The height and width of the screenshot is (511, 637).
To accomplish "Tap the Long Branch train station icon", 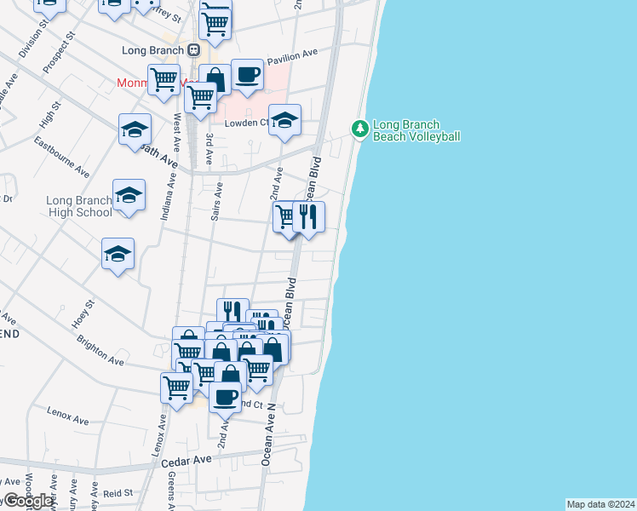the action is tap(194, 50).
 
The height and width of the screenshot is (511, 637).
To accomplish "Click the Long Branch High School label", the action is tap(78, 207).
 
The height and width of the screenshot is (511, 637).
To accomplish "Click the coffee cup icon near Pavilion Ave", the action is tap(247, 74).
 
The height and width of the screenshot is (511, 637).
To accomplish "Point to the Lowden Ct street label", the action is tap(246, 123).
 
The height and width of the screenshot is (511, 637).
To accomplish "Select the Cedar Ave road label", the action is tap(191, 460).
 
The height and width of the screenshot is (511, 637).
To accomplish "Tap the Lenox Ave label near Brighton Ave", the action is tap(69, 420).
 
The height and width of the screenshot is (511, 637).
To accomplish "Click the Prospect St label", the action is tap(59, 55).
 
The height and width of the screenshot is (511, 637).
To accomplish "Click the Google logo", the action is tap(27, 501).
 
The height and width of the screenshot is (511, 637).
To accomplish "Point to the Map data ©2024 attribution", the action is tap(600, 504).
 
